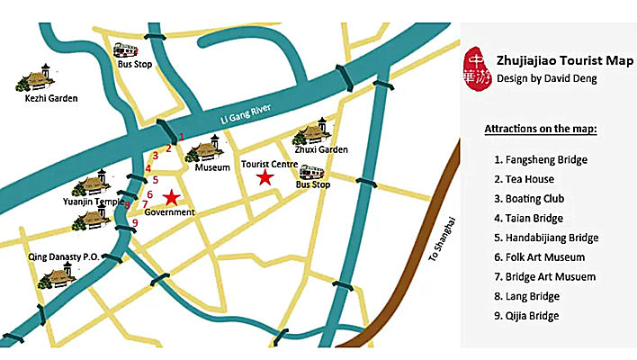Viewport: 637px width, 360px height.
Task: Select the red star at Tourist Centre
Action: tap(265, 178)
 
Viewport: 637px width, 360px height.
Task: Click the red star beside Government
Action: tap(172, 197)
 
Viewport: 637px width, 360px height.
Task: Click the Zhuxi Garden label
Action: tap(321, 149)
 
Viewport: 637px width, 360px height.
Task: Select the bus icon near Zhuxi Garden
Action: tap(312, 172)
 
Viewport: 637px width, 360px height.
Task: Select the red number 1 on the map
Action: tap(181, 137)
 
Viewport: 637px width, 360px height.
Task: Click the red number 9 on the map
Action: tap(134, 223)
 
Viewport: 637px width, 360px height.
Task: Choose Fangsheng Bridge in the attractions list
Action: tap(541, 160)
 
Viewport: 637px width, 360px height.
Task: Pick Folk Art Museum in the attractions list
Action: tap(539, 257)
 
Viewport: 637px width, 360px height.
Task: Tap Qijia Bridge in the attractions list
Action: tap(527, 316)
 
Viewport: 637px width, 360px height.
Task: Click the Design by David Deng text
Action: tap(546, 79)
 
